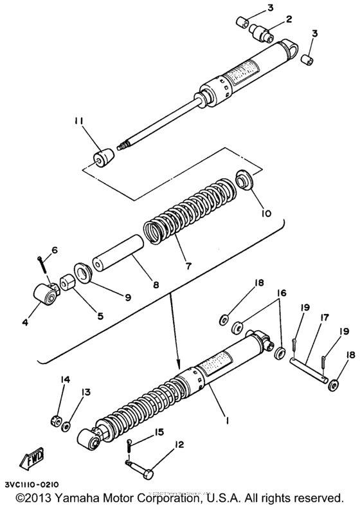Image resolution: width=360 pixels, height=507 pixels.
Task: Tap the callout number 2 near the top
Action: tap(290, 19)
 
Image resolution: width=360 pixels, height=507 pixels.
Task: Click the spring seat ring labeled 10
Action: tap(245, 181)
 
